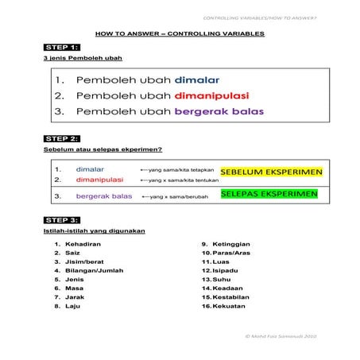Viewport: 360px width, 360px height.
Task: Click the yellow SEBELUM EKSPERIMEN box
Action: [271, 172]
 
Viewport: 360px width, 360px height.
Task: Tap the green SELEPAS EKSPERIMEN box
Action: [269, 193]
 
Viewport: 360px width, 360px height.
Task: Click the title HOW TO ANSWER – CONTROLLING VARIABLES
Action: [180, 34]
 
